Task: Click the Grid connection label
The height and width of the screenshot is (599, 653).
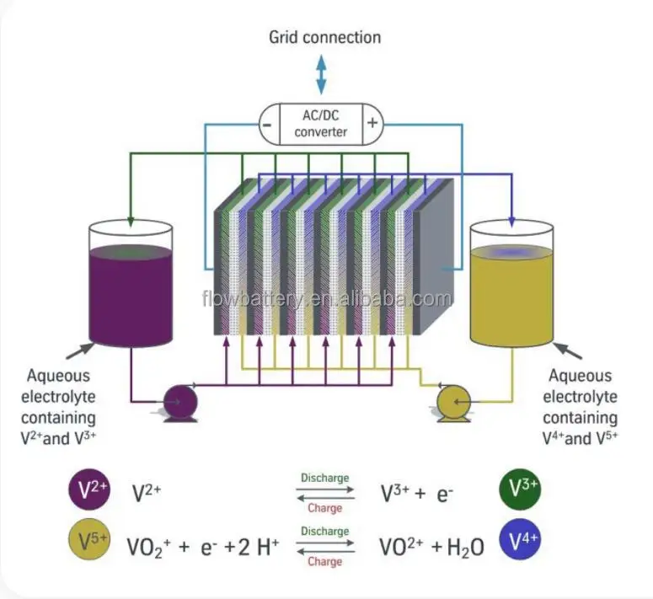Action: click(324, 37)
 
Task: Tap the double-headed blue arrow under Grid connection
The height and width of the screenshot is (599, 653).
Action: click(321, 74)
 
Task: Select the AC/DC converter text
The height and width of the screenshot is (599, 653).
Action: click(320, 124)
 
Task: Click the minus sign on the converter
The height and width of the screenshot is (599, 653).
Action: click(266, 124)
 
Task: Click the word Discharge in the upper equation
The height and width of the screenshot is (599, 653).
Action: click(324, 479)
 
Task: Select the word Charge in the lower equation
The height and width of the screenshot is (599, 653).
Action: click(324, 561)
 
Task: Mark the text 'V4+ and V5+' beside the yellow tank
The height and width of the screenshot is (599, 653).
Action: click(580, 439)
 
